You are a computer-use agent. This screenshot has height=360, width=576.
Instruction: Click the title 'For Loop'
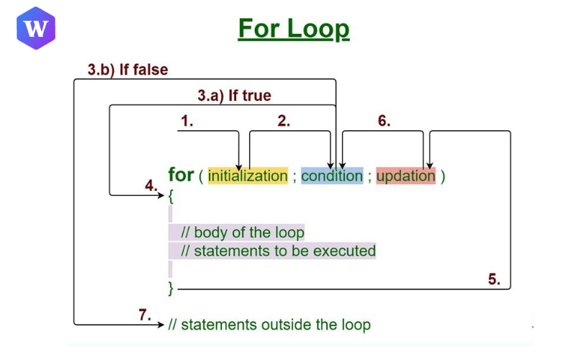tap(293, 30)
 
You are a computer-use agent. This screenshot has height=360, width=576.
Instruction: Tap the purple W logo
tap(35, 29)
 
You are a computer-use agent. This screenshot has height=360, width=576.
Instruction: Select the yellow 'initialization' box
tap(248, 176)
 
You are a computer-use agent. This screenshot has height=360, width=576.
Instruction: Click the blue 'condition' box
tap(332, 176)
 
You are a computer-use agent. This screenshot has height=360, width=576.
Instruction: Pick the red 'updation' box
tap(406, 176)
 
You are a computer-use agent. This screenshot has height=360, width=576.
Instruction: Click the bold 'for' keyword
tap(181, 175)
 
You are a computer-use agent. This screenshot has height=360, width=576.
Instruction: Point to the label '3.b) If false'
tap(127, 70)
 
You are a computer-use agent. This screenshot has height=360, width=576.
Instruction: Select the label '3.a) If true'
tap(234, 95)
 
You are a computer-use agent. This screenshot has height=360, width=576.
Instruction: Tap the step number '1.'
tap(187, 122)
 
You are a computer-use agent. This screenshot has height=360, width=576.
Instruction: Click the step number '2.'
tap(284, 122)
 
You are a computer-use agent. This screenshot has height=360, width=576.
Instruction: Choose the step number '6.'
tap(384, 122)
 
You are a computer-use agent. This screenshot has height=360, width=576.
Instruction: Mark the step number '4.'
tap(150, 186)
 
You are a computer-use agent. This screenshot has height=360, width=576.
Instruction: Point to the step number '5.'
tap(494, 279)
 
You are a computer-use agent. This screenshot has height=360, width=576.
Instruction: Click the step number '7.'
tap(145, 315)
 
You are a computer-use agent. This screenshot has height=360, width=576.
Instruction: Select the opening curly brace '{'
tap(171, 195)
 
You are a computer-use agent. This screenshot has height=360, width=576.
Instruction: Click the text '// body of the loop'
tap(243, 233)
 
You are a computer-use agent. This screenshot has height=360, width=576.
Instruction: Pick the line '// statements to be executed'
tap(278, 251)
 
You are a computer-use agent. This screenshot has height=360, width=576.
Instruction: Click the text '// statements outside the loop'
tap(269, 325)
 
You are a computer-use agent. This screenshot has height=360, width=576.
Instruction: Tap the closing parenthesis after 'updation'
tap(443, 176)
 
